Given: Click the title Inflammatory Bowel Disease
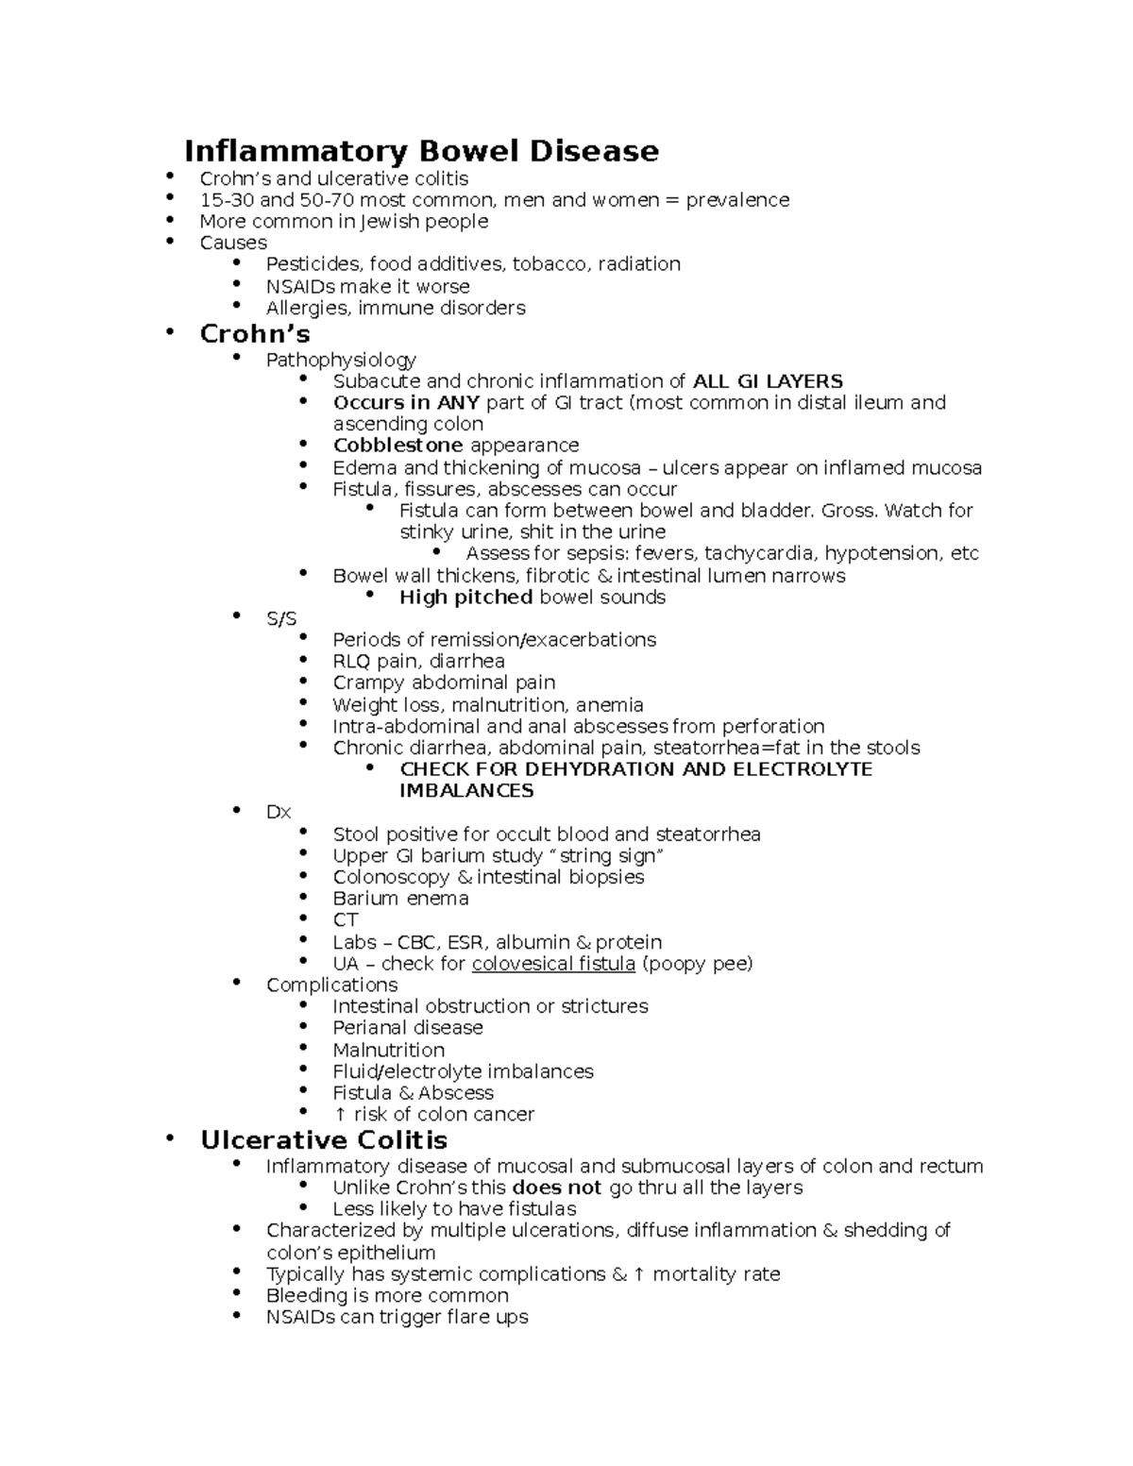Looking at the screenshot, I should click(421, 151).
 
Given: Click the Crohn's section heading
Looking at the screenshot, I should click(255, 334).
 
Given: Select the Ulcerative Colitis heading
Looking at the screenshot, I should click(324, 1140).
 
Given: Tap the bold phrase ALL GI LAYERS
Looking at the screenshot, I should click(768, 381).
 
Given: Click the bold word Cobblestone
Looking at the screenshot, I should click(397, 446).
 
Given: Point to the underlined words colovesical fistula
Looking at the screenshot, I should click(553, 964).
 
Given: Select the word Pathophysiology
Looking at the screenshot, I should click(341, 360).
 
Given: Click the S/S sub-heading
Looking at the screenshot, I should click(281, 619).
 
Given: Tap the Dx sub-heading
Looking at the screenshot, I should click(279, 813).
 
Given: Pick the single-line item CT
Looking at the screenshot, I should click(346, 920).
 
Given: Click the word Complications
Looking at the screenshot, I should click(331, 986).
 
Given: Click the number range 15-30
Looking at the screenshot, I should click(227, 200).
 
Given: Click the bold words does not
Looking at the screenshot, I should click(557, 1188).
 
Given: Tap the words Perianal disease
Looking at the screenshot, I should click(408, 1028).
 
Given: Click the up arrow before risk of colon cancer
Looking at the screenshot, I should click(340, 1115).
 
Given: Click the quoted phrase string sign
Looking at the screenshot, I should click(605, 856).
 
